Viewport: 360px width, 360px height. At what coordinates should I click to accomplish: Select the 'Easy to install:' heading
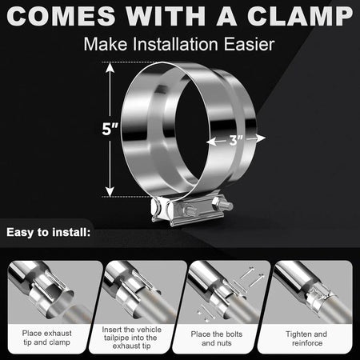[x=50, y=234]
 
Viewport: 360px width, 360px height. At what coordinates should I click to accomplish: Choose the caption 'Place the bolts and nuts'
[x=222, y=338]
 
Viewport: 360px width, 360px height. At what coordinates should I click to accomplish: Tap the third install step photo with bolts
[x=222, y=291]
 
